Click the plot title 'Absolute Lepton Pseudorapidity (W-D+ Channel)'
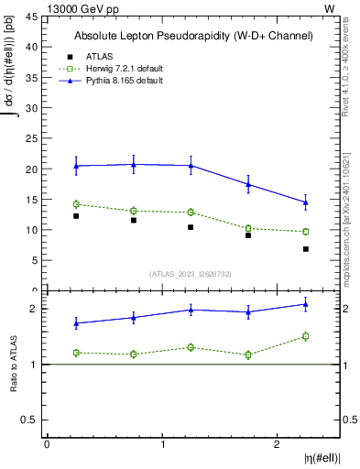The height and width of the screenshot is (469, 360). click(x=192, y=36)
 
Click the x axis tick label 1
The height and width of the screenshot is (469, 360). click(x=162, y=444)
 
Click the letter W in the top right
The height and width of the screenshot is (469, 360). click(x=330, y=7)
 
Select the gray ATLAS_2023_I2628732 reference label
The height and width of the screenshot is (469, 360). click(x=191, y=273)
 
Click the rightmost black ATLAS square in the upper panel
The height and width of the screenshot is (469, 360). click(x=306, y=249)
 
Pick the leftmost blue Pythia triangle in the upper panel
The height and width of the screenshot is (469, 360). click(x=76, y=166)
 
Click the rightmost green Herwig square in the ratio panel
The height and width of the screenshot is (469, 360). click(x=306, y=336)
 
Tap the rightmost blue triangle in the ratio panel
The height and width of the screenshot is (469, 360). click(x=306, y=304)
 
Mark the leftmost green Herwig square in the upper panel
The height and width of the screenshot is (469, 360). click(x=76, y=204)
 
